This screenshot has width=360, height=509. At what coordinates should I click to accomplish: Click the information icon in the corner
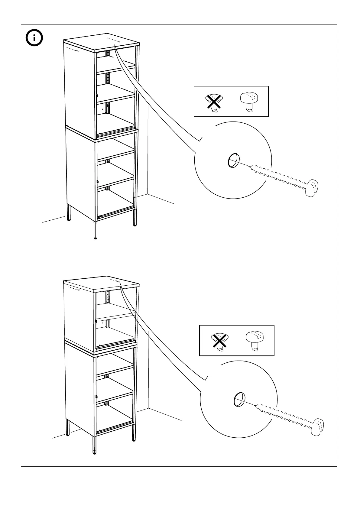click(x=34, y=38)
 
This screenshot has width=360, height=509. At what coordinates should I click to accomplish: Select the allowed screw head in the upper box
click(x=249, y=102)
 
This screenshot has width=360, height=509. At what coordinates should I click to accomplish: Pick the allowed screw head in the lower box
click(x=255, y=341)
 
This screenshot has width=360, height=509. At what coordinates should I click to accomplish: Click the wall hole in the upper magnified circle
click(x=234, y=160)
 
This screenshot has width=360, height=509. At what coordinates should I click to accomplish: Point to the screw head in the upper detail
click(x=312, y=188)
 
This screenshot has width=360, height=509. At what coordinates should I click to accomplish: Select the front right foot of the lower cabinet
click(x=134, y=438)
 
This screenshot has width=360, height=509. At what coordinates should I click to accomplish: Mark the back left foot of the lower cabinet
click(x=68, y=434)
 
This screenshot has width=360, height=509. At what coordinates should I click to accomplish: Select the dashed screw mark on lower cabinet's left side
click(x=73, y=289)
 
